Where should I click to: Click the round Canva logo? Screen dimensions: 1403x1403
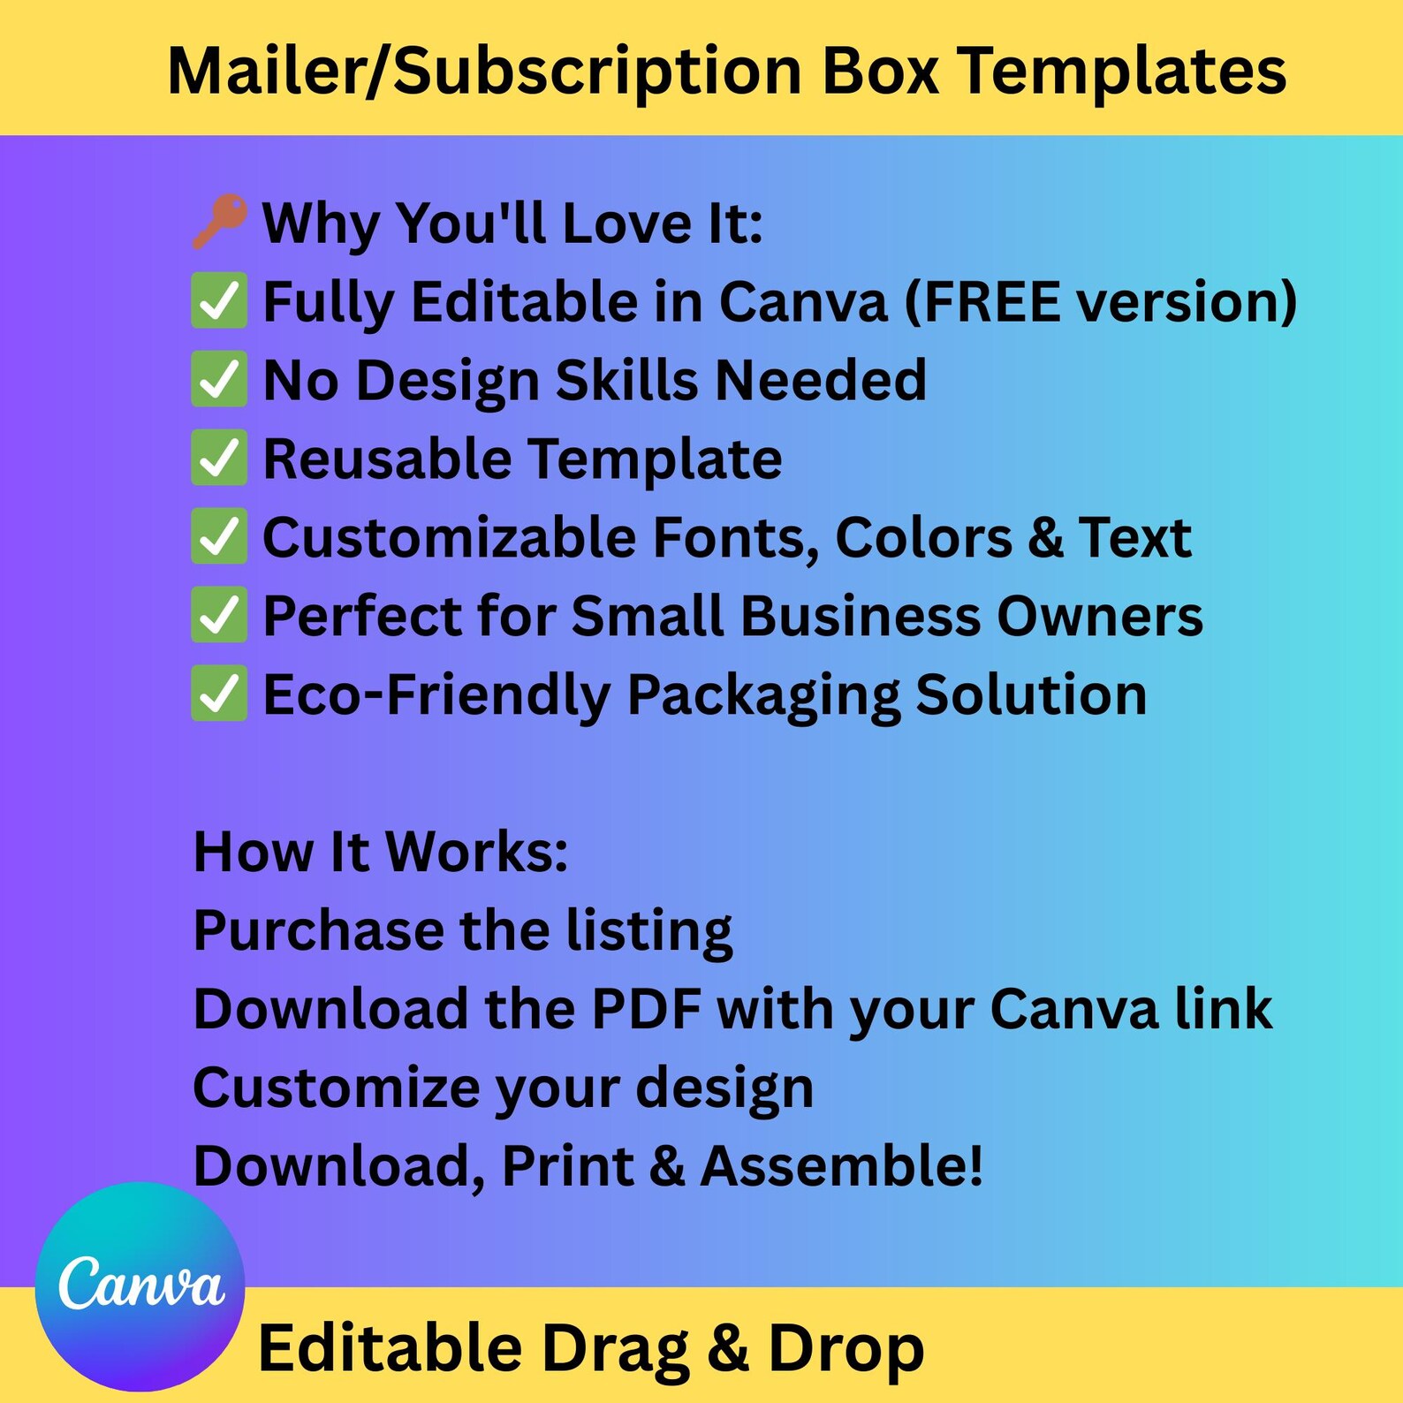140,1285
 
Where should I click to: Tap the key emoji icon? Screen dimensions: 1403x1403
218,221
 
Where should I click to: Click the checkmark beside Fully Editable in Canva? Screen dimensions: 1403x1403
218,301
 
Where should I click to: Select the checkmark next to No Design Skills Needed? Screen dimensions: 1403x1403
218,380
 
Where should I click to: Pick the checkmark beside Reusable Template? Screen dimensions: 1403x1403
218,459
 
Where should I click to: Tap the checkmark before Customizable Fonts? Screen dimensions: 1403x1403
218,537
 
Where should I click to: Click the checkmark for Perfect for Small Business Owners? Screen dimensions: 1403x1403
218,616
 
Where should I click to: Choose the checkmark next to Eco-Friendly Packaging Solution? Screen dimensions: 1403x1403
218,694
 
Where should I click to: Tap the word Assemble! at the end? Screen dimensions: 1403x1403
842,1166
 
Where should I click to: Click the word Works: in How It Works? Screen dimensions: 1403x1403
477,852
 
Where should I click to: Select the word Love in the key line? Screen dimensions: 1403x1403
627,223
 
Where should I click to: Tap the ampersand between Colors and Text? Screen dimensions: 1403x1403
1045,537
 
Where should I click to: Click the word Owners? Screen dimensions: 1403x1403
1100,616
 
